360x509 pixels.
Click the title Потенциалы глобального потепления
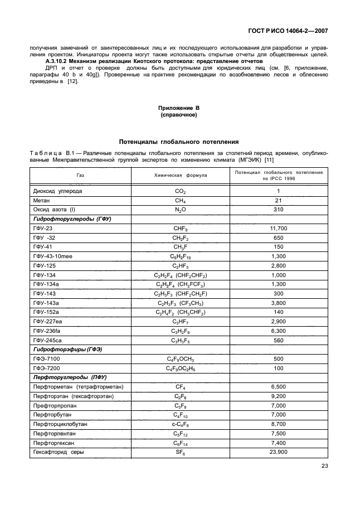(x=180, y=142)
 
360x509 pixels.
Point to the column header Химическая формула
(x=180, y=175)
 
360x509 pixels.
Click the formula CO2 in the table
(x=180, y=191)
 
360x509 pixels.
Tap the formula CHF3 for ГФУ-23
(x=180, y=229)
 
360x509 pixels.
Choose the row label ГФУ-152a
(x=47, y=312)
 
